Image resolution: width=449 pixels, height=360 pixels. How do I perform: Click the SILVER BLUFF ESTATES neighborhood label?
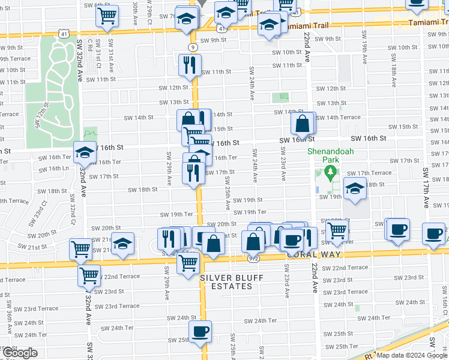click(226, 281)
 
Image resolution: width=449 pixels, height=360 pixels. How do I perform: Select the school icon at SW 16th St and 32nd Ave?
click(85, 153)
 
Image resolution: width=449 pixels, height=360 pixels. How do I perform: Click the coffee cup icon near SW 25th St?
click(200, 331)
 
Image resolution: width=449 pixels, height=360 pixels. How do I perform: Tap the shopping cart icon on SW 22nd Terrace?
click(89, 276)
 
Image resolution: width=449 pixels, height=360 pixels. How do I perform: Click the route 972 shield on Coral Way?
click(253, 257)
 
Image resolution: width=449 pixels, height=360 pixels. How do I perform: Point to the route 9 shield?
click(192, 47)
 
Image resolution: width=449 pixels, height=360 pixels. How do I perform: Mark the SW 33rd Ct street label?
click(40, 213)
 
